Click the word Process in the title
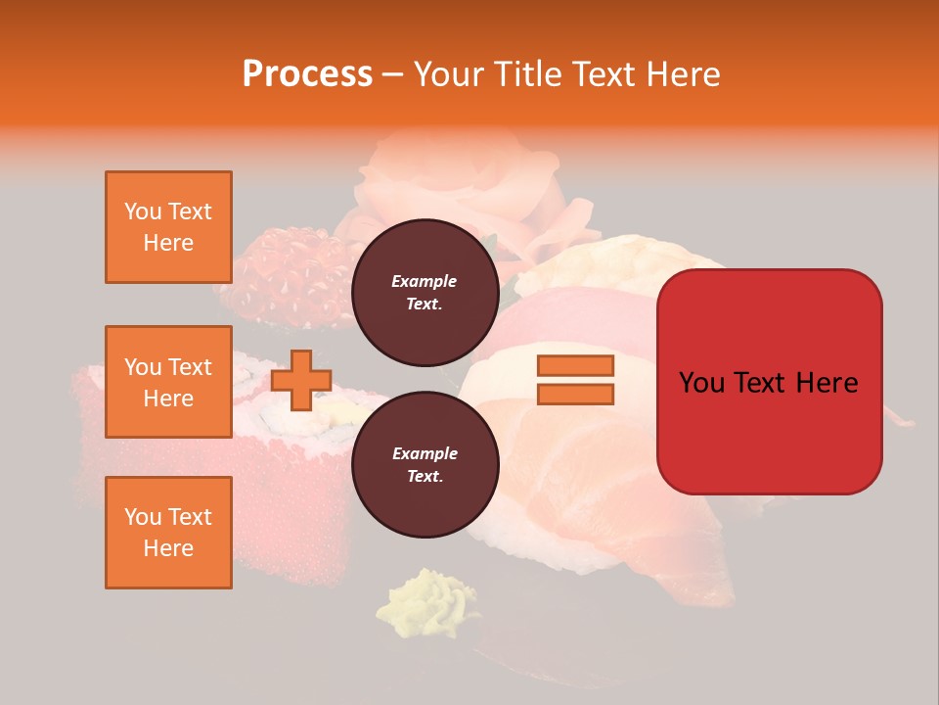(x=307, y=74)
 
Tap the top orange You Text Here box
(x=168, y=227)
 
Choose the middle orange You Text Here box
(x=168, y=382)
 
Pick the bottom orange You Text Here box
(x=168, y=532)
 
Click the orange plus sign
(x=301, y=380)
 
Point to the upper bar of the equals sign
(x=575, y=366)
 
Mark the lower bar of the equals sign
(x=575, y=395)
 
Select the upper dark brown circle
(x=425, y=293)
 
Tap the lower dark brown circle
(x=425, y=465)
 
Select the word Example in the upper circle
(x=425, y=281)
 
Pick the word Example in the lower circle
(x=425, y=453)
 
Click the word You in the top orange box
(x=142, y=211)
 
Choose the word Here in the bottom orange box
(x=168, y=548)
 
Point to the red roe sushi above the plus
(x=284, y=279)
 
